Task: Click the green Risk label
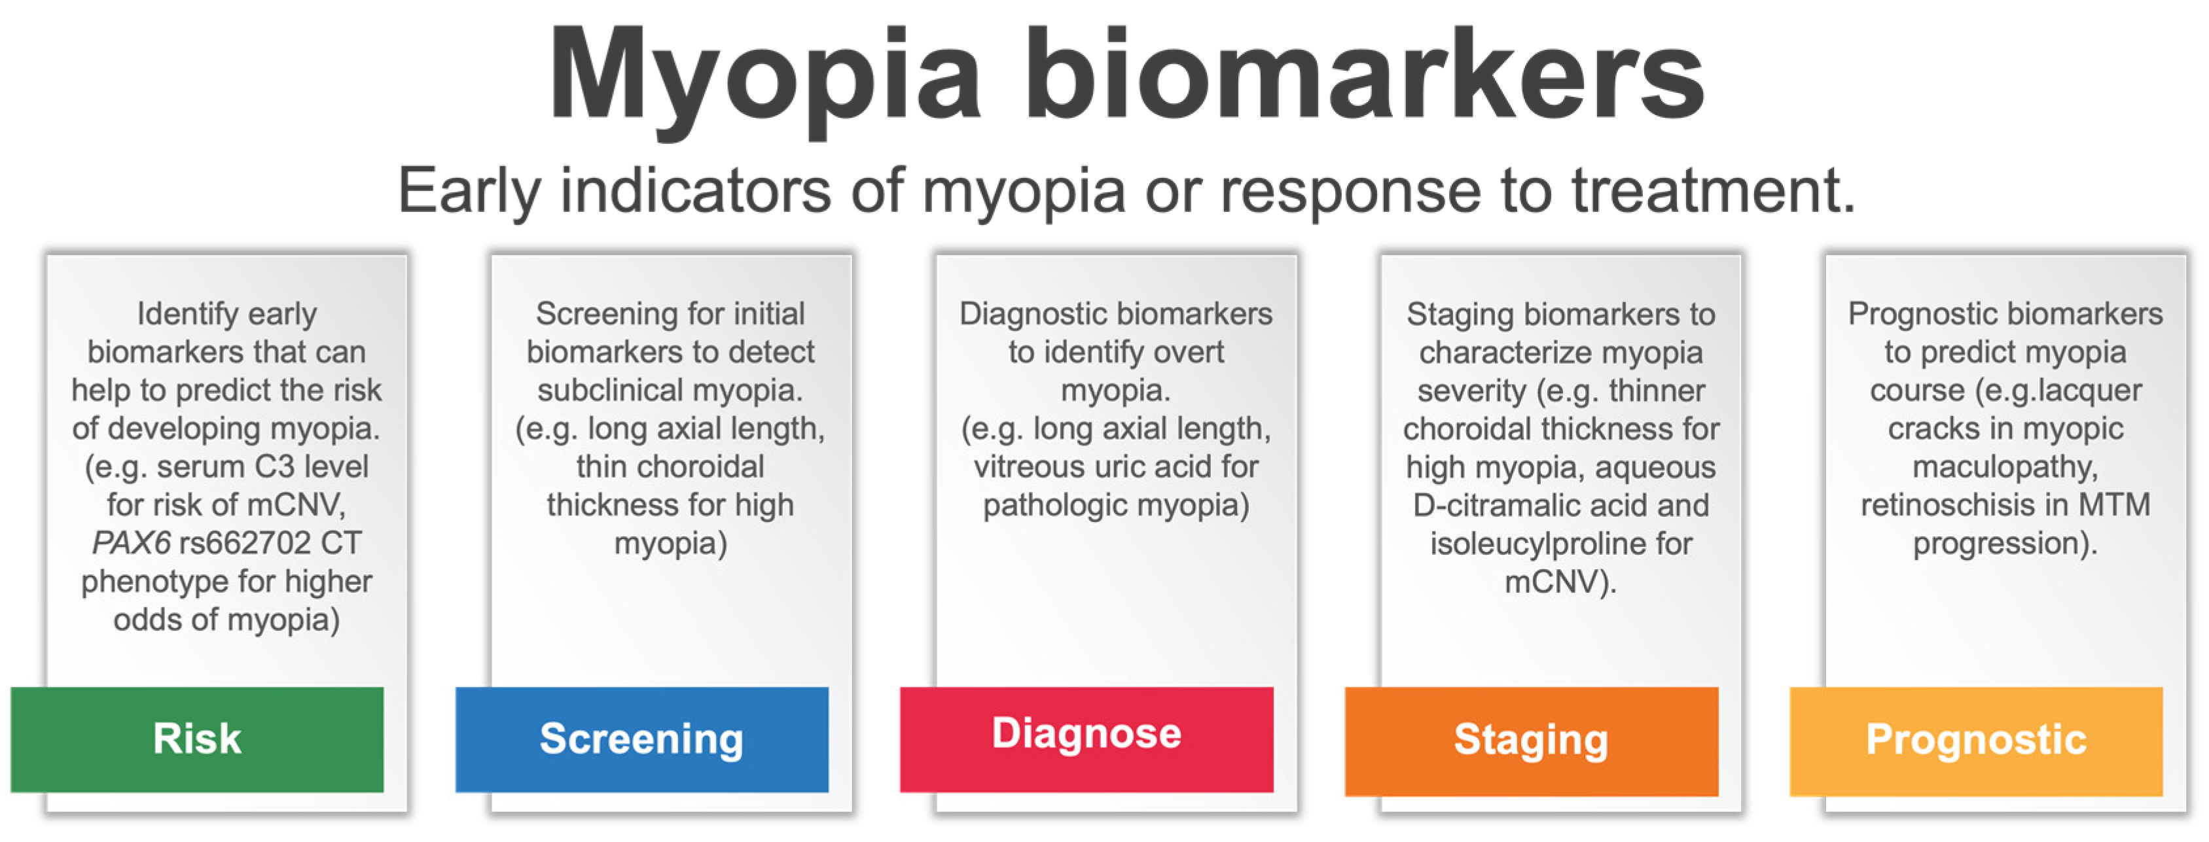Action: (197, 739)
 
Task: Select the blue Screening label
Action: (641, 739)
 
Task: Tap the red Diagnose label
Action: (1087, 739)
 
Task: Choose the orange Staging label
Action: (1532, 741)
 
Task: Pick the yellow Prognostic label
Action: (1976, 741)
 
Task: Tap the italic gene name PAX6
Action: (131, 543)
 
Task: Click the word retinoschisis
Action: (1947, 505)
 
